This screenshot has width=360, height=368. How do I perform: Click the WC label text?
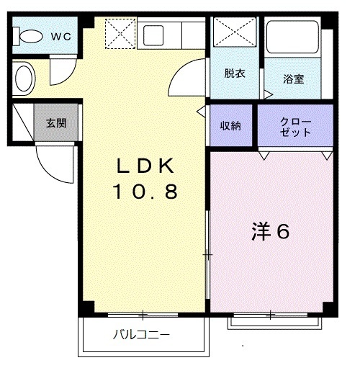click(60, 35)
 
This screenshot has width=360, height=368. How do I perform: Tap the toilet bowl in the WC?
click(31, 35)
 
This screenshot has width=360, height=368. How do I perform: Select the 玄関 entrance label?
click(56, 123)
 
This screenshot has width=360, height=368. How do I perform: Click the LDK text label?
click(145, 167)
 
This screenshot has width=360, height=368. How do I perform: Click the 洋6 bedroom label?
click(271, 232)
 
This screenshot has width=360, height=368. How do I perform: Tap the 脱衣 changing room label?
click(233, 73)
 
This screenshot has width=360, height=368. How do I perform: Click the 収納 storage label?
click(230, 125)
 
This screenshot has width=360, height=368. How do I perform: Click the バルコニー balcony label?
click(141, 335)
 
